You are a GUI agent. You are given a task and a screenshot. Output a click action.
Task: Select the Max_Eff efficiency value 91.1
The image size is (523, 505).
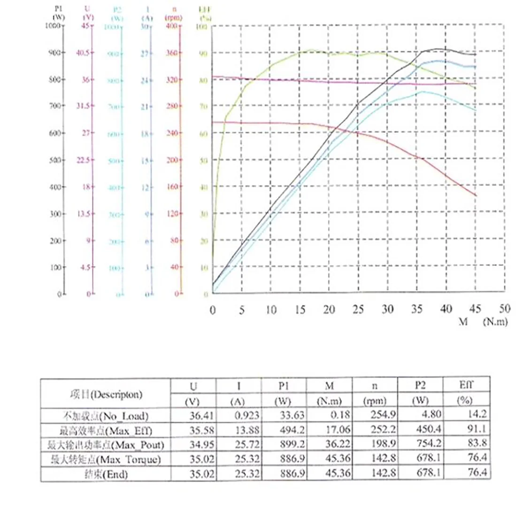474,429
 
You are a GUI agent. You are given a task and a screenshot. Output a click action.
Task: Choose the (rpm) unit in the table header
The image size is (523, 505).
374,402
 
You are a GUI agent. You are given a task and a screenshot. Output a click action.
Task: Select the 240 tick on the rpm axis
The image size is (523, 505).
173,133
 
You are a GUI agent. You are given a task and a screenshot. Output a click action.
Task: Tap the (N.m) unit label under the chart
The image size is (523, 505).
494,323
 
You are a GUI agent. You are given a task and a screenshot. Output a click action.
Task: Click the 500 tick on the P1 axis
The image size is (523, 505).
55,160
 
